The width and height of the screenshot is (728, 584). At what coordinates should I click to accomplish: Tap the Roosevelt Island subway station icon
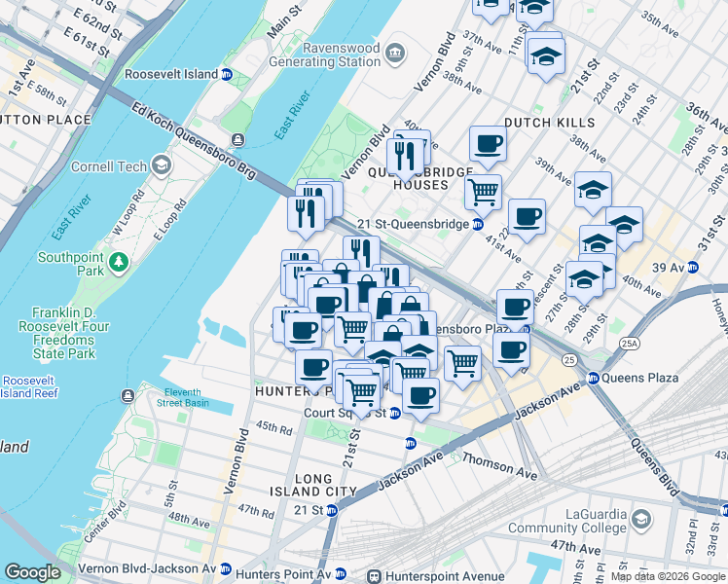click(227, 74)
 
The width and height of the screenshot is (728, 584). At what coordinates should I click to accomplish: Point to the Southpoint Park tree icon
click(119, 261)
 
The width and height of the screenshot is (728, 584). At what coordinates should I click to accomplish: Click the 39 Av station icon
click(692, 268)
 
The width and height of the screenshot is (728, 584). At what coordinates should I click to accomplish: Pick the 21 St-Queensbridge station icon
click(478, 224)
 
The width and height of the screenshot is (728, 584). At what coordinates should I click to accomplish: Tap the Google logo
click(32, 572)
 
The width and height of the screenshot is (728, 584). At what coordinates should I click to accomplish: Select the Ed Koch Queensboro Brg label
click(194, 140)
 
